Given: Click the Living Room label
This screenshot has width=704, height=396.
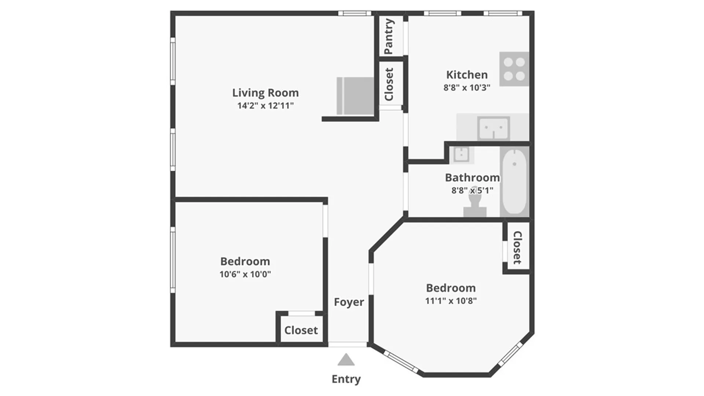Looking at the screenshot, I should [265, 93].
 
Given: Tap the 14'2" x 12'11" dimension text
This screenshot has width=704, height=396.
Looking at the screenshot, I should [265, 106].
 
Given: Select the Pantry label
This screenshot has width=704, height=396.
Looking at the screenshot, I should [388, 36].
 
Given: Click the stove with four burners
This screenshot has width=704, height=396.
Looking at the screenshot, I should [514, 69].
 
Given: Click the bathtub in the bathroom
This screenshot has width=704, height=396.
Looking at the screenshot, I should [514, 182].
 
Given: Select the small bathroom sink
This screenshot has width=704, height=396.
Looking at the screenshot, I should [460, 154].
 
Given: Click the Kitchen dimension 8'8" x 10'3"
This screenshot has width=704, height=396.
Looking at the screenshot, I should [467, 88].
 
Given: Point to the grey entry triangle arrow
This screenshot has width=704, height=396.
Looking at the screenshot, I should [346, 360].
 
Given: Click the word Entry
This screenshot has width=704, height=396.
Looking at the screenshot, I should [346, 379].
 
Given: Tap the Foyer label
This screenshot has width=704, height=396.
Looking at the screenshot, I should [349, 302].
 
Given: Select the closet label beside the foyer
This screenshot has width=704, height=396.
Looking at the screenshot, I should [301, 330].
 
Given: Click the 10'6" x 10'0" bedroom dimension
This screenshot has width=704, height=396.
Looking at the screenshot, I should [245, 274].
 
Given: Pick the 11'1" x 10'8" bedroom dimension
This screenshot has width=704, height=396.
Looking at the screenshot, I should [451, 301].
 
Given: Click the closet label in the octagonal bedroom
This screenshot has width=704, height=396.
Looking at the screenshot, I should [517, 247].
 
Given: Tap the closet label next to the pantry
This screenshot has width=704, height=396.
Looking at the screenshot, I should [389, 84].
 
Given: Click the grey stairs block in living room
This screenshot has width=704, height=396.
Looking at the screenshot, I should [355, 96].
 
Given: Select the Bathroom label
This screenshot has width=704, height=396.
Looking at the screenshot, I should [472, 178].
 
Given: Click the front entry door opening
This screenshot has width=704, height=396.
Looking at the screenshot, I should [347, 344].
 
